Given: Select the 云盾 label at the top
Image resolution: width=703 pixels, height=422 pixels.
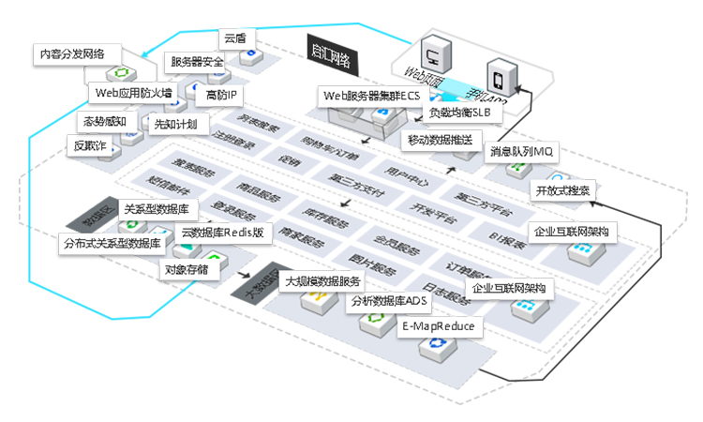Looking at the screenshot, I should tap(234, 38).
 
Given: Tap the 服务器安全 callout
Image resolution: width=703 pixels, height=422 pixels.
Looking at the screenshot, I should tap(197, 62).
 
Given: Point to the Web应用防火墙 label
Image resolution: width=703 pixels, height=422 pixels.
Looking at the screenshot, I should tap(133, 93).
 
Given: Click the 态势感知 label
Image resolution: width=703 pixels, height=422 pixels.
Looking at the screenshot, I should tap(104, 121).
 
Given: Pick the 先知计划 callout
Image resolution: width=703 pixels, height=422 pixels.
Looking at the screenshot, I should tap(175, 124).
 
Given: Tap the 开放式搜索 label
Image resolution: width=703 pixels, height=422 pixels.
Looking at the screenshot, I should tap(562, 190).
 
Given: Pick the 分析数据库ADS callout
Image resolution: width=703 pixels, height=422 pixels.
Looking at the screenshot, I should tap(387, 301).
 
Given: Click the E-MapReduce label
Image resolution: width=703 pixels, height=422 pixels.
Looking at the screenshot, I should tap(438, 326).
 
